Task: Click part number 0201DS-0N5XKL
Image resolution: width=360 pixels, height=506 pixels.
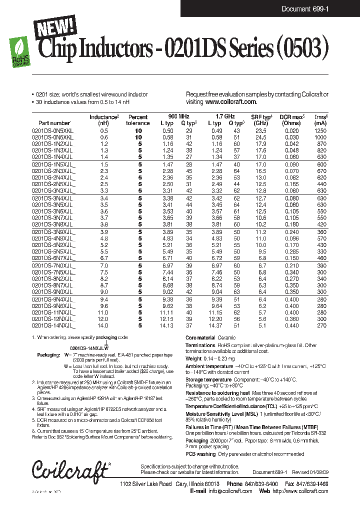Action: tap(52, 130)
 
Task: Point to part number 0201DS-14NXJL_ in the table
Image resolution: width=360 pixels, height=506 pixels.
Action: tap(53, 325)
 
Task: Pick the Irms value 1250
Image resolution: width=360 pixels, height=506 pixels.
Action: tap(321, 130)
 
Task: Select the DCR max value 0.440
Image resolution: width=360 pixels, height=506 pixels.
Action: tap(291, 325)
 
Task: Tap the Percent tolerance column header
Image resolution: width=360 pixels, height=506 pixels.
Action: tap(138, 120)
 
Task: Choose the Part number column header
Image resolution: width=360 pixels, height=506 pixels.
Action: tap(54, 123)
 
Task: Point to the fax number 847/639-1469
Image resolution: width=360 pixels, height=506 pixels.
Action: tap(314, 484)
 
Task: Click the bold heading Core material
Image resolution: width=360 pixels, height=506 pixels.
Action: tap(200, 338)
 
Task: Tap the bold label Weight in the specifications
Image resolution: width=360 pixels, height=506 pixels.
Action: tap(193, 358)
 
